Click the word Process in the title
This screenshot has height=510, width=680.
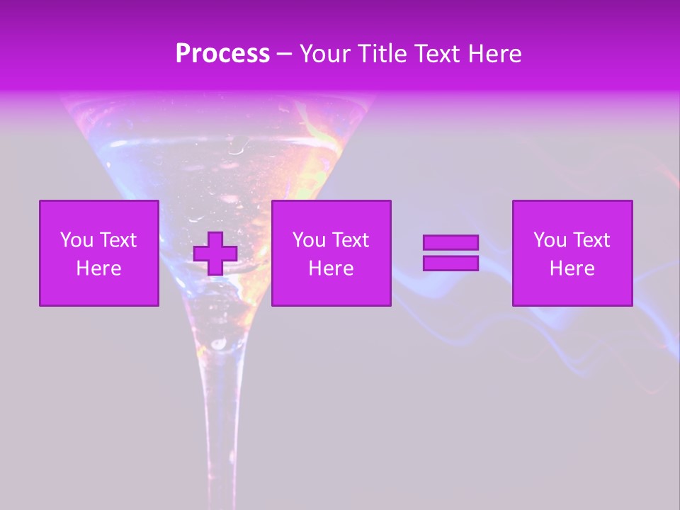click(x=222, y=54)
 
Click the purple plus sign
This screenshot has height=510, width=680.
click(x=215, y=254)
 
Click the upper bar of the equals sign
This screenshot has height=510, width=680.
click(x=450, y=242)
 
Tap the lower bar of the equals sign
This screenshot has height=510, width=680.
click(x=450, y=263)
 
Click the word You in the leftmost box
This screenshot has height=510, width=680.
click(x=76, y=240)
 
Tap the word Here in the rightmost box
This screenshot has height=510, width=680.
click(x=572, y=268)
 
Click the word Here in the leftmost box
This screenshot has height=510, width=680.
click(x=99, y=268)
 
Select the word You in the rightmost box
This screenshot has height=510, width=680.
click(x=549, y=240)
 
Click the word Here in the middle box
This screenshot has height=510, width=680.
click(x=331, y=268)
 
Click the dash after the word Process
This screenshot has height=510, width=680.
click(x=284, y=55)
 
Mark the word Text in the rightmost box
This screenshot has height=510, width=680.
click(x=591, y=240)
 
